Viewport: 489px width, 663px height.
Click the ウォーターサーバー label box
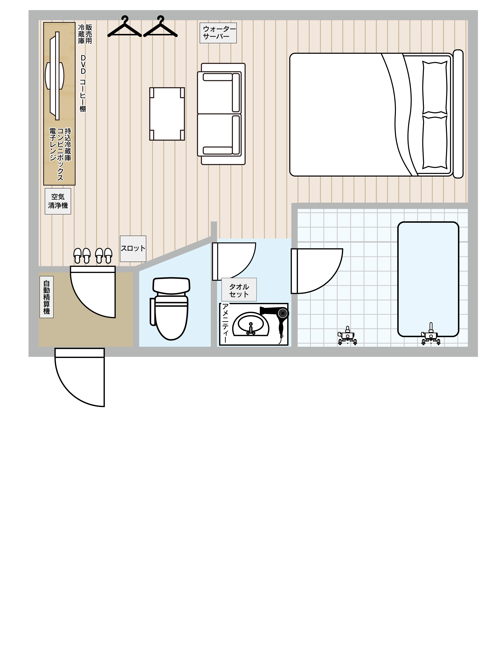218,33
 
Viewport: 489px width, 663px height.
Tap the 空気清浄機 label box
58,201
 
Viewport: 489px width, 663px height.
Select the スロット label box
133,249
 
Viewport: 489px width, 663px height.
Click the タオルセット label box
239,290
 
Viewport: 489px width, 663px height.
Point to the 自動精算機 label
46,297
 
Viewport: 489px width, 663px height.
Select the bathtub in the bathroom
428,279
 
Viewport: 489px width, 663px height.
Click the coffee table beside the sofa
167,114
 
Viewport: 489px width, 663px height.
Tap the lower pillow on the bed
434,142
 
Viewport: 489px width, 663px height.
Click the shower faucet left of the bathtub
347,336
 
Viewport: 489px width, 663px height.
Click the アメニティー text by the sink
225,323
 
